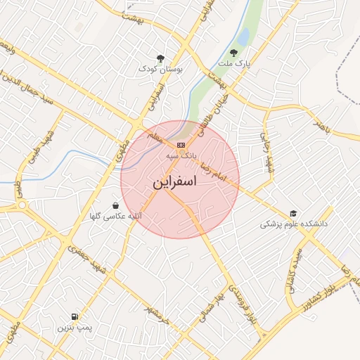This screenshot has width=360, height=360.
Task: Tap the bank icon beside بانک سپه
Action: (x=181, y=145)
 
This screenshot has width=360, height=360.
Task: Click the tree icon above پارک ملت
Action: (x=233, y=53)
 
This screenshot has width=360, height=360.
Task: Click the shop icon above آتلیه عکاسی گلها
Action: (x=115, y=205)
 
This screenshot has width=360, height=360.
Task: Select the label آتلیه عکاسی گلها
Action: (x=115, y=217)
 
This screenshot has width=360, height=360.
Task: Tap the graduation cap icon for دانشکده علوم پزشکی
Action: (x=292, y=214)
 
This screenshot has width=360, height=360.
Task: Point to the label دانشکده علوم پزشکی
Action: (x=294, y=224)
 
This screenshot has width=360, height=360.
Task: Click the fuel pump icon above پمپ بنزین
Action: (x=75, y=317)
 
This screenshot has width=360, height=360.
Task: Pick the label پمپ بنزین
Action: (x=75, y=328)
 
